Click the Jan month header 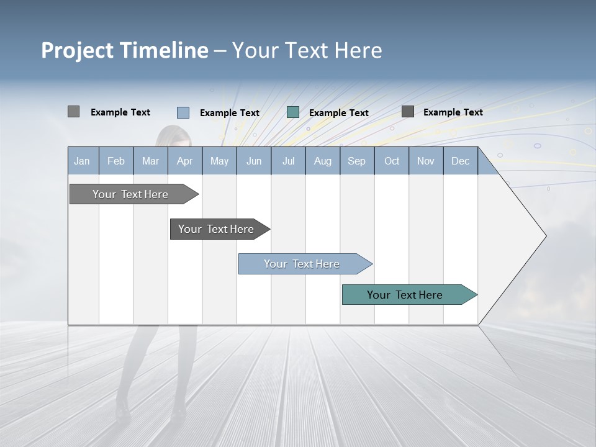(82, 161)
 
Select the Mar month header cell (150, 161)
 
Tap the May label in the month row (219, 161)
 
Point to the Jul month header (288, 161)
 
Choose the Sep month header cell (356, 161)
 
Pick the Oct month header (392, 161)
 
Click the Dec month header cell (460, 161)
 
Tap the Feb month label (116, 161)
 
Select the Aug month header (322, 161)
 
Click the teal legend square (293, 112)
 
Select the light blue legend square (183, 112)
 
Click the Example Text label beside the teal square (338, 113)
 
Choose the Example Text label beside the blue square (229, 113)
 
